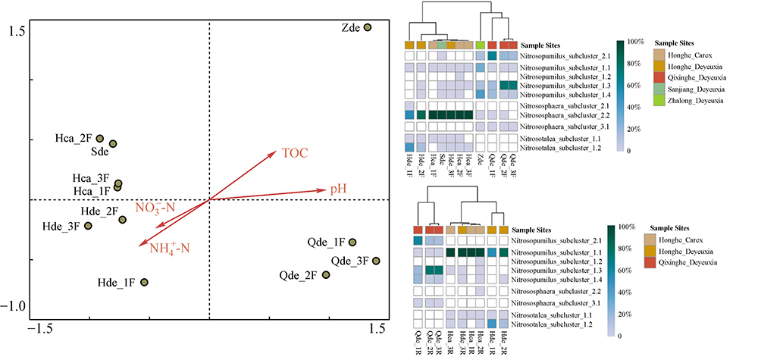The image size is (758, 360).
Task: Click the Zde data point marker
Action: point(367,27)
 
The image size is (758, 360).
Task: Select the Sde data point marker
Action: point(113,143)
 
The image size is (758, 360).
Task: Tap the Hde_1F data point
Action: point(144,283)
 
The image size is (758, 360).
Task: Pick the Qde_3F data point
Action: point(375,261)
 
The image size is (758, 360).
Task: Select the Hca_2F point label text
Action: point(74,139)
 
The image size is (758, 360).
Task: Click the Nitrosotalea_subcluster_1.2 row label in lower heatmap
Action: point(555,324)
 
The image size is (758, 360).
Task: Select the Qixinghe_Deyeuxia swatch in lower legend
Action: point(656,262)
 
